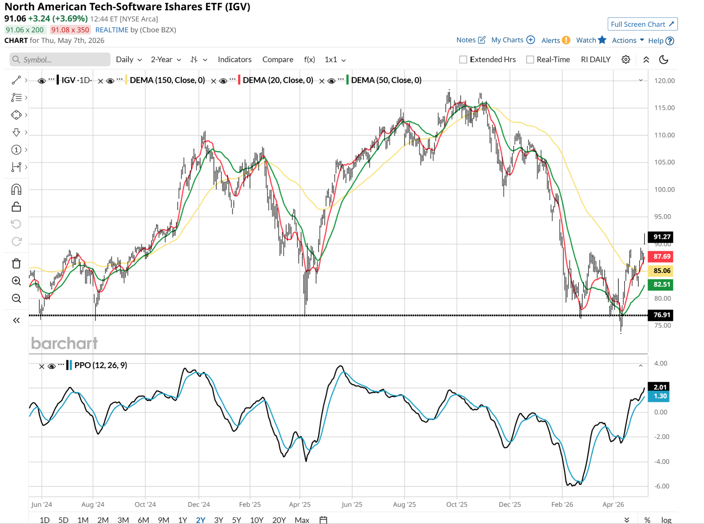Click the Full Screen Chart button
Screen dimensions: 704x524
pos(642,24)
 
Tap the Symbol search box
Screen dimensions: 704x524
pos(60,59)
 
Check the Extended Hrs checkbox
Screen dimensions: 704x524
pos(463,59)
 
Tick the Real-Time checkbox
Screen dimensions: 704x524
pos(530,59)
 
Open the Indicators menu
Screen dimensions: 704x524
pos(234,59)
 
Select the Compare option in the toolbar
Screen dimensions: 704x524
pos(278,59)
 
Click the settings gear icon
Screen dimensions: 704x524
pos(626,59)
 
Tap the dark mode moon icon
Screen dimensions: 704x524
pos(663,59)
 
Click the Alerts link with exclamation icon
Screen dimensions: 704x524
pos(555,40)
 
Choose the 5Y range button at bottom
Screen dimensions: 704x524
pos(236,520)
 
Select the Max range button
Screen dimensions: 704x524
pos(302,520)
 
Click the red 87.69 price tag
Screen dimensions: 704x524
pos(660,257)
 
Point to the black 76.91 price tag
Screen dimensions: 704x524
pos(660,315)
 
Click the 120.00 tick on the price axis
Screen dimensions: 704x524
pos(664,81)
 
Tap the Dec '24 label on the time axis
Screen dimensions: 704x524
pos(199,504)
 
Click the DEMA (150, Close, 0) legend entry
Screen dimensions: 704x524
pos(167,80)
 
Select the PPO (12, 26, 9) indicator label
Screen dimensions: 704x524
pos(101,365)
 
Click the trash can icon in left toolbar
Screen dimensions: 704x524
pos(16,263)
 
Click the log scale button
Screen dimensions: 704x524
pos(666,520)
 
